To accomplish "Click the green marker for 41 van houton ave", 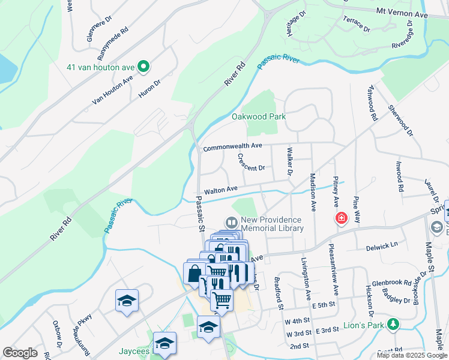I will [143, 67].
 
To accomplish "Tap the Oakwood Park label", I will [259, 116].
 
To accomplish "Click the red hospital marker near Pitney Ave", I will [341, 217].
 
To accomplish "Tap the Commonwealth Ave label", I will [232, 146].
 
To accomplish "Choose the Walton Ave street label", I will [221, 190].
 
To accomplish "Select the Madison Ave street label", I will [313, 192].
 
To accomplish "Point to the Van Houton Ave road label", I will [112, 91].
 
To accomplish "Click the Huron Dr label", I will [149, 88].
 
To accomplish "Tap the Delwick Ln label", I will [382, 245].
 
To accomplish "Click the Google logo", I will [20, 353].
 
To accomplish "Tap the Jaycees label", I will [133, 352].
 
